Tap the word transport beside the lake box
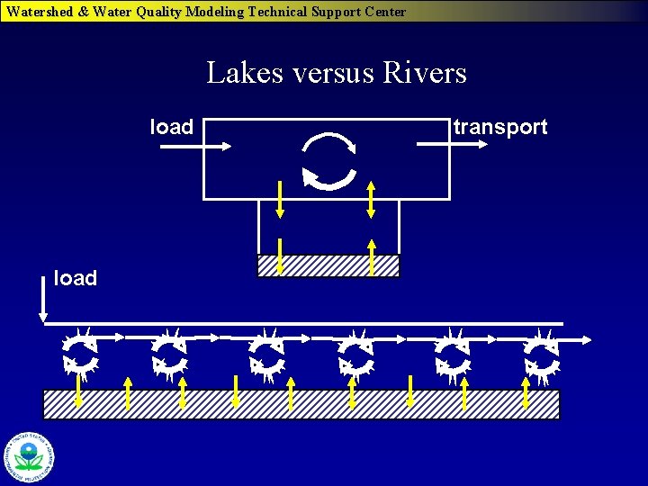500,127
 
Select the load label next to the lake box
171,127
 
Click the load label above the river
76,278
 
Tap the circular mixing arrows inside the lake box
329,161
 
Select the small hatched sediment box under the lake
328,265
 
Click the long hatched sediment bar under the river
301,404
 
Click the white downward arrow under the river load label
42,299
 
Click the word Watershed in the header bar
39,12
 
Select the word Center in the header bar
382,12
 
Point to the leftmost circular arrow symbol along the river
80,353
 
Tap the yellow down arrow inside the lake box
280,199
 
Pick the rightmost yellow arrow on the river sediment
526,393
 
